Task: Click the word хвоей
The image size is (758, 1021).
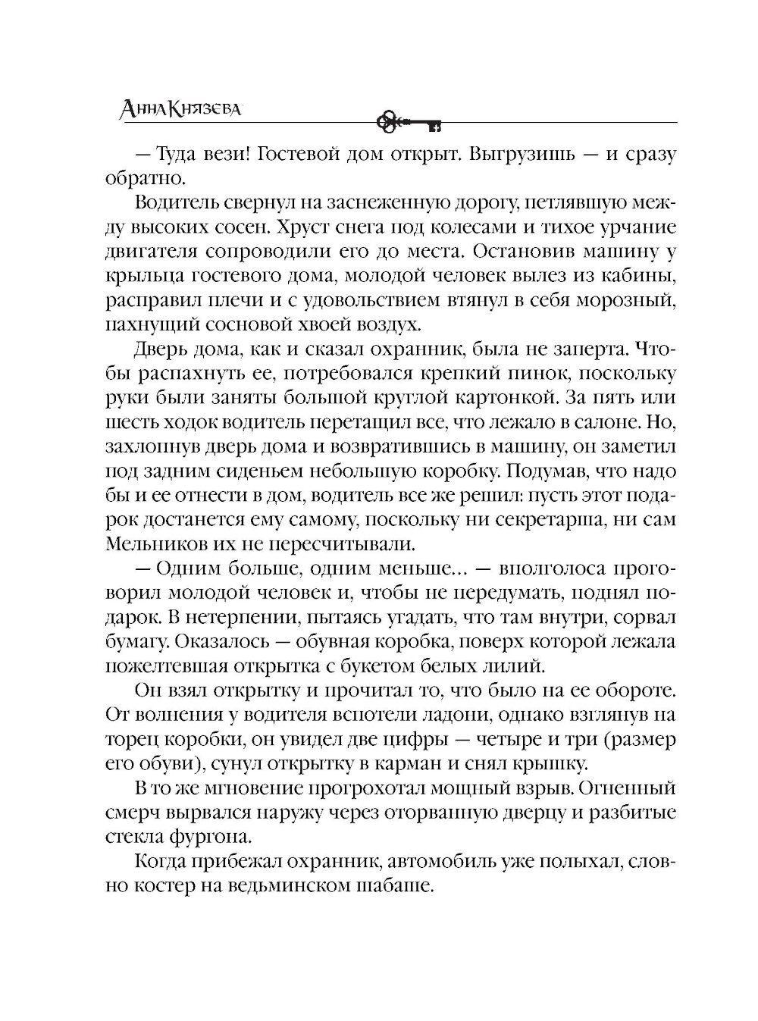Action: click(x=346, y=325)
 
